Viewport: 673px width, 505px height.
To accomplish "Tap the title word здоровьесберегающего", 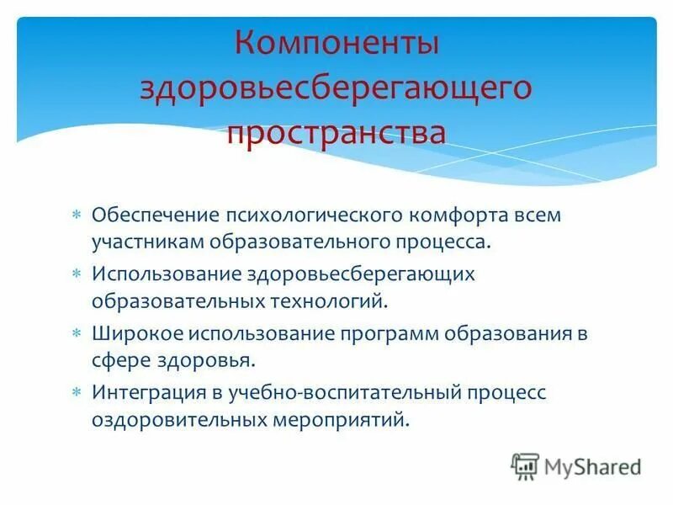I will [336, 89].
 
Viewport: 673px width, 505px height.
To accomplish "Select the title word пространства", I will [336, 133].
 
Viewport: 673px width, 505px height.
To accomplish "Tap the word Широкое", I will [129, 333].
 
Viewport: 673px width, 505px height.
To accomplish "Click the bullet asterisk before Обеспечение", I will [76, 215].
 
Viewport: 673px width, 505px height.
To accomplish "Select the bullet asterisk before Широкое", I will [76, 333].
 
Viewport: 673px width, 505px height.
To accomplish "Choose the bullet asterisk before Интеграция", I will [76, 392].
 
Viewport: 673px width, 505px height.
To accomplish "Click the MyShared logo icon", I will [525, 465].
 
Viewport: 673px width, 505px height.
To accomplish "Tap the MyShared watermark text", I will [592, 466].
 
